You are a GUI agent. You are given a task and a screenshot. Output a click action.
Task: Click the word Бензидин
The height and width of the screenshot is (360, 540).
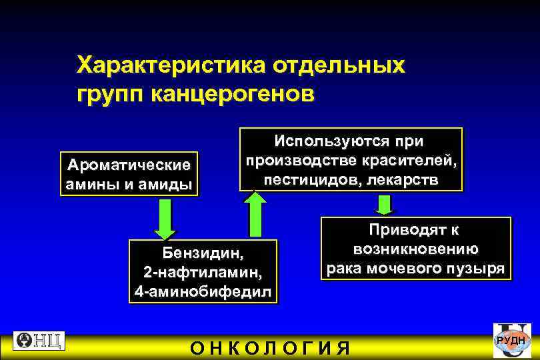point(203,253)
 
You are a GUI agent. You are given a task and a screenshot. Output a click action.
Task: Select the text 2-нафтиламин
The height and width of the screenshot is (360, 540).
point(203,273)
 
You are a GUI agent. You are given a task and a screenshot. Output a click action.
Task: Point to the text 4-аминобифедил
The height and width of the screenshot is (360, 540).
point(203,292)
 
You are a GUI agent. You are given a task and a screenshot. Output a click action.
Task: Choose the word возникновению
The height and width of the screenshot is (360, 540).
point(415,249)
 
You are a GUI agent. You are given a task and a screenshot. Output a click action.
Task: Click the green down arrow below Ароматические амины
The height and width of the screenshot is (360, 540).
point(165,219)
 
